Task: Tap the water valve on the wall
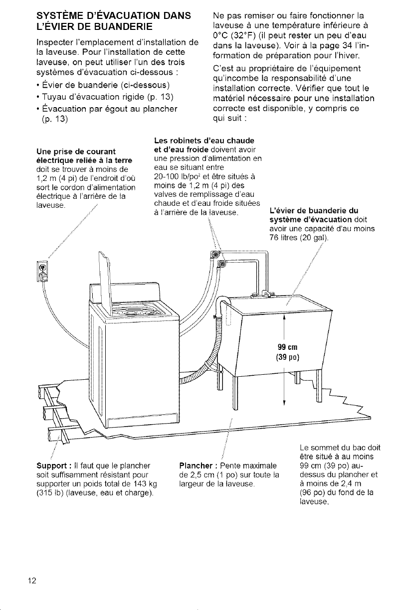(x=215, y=256)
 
